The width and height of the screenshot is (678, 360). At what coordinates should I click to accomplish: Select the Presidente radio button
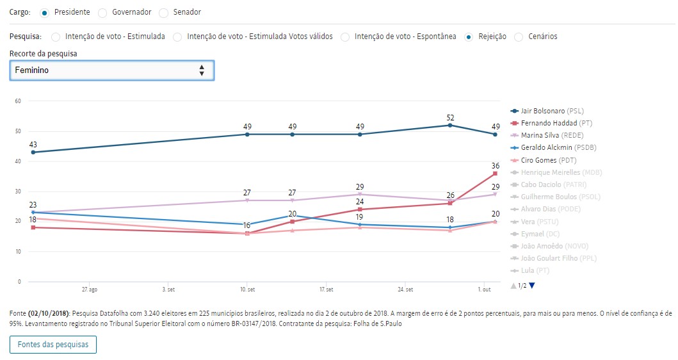click(44, 13)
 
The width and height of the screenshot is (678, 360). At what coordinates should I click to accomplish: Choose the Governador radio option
click(103, 13)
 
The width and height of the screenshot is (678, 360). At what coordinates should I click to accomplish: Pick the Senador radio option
click(163, 13)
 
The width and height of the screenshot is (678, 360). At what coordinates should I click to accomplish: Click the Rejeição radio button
click(469, 37)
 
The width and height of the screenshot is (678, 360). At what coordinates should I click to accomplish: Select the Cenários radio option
click(519, 37)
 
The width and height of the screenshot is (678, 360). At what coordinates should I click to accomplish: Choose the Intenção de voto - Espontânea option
click(344, 37)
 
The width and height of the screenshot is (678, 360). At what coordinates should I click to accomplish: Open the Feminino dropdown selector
click(112, 70)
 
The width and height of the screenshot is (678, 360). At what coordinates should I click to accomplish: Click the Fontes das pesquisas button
click(53, 345)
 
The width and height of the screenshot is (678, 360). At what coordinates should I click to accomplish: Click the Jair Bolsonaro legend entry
click(552, 111)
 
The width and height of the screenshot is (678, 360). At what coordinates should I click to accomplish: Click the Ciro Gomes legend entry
click(548, 160)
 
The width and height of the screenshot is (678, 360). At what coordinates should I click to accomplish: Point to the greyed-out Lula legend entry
click(533, 270)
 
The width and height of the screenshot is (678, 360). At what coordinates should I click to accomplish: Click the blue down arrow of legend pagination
click(532, 285)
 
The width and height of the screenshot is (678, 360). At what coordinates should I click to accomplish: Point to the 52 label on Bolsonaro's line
click(450, 117)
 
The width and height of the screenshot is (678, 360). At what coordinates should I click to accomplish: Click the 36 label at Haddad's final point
click(495, 165)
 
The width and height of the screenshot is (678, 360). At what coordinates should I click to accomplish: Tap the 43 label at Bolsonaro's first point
click(33, 144)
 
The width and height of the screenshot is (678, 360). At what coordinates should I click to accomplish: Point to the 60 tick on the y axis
click(18, 101)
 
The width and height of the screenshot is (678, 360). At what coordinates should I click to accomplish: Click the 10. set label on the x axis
click(248, 290)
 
